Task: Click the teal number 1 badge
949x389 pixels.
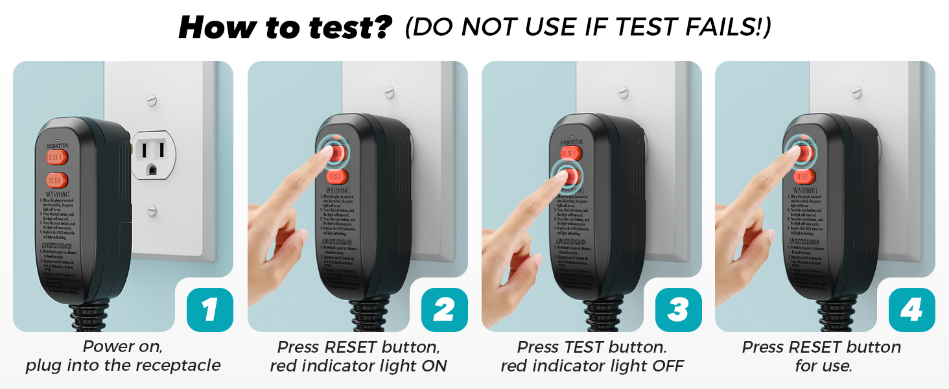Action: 209,310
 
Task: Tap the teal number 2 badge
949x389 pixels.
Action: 443,310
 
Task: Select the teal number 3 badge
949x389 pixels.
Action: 677,310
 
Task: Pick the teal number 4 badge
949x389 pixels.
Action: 911,310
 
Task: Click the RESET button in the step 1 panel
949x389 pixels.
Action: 56,157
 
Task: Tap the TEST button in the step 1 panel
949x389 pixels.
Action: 56,180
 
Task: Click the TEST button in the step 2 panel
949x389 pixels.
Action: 336,176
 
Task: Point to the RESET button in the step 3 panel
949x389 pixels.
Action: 570,154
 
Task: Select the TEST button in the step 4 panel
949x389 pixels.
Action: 803,176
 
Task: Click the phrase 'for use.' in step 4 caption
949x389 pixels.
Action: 823,366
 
